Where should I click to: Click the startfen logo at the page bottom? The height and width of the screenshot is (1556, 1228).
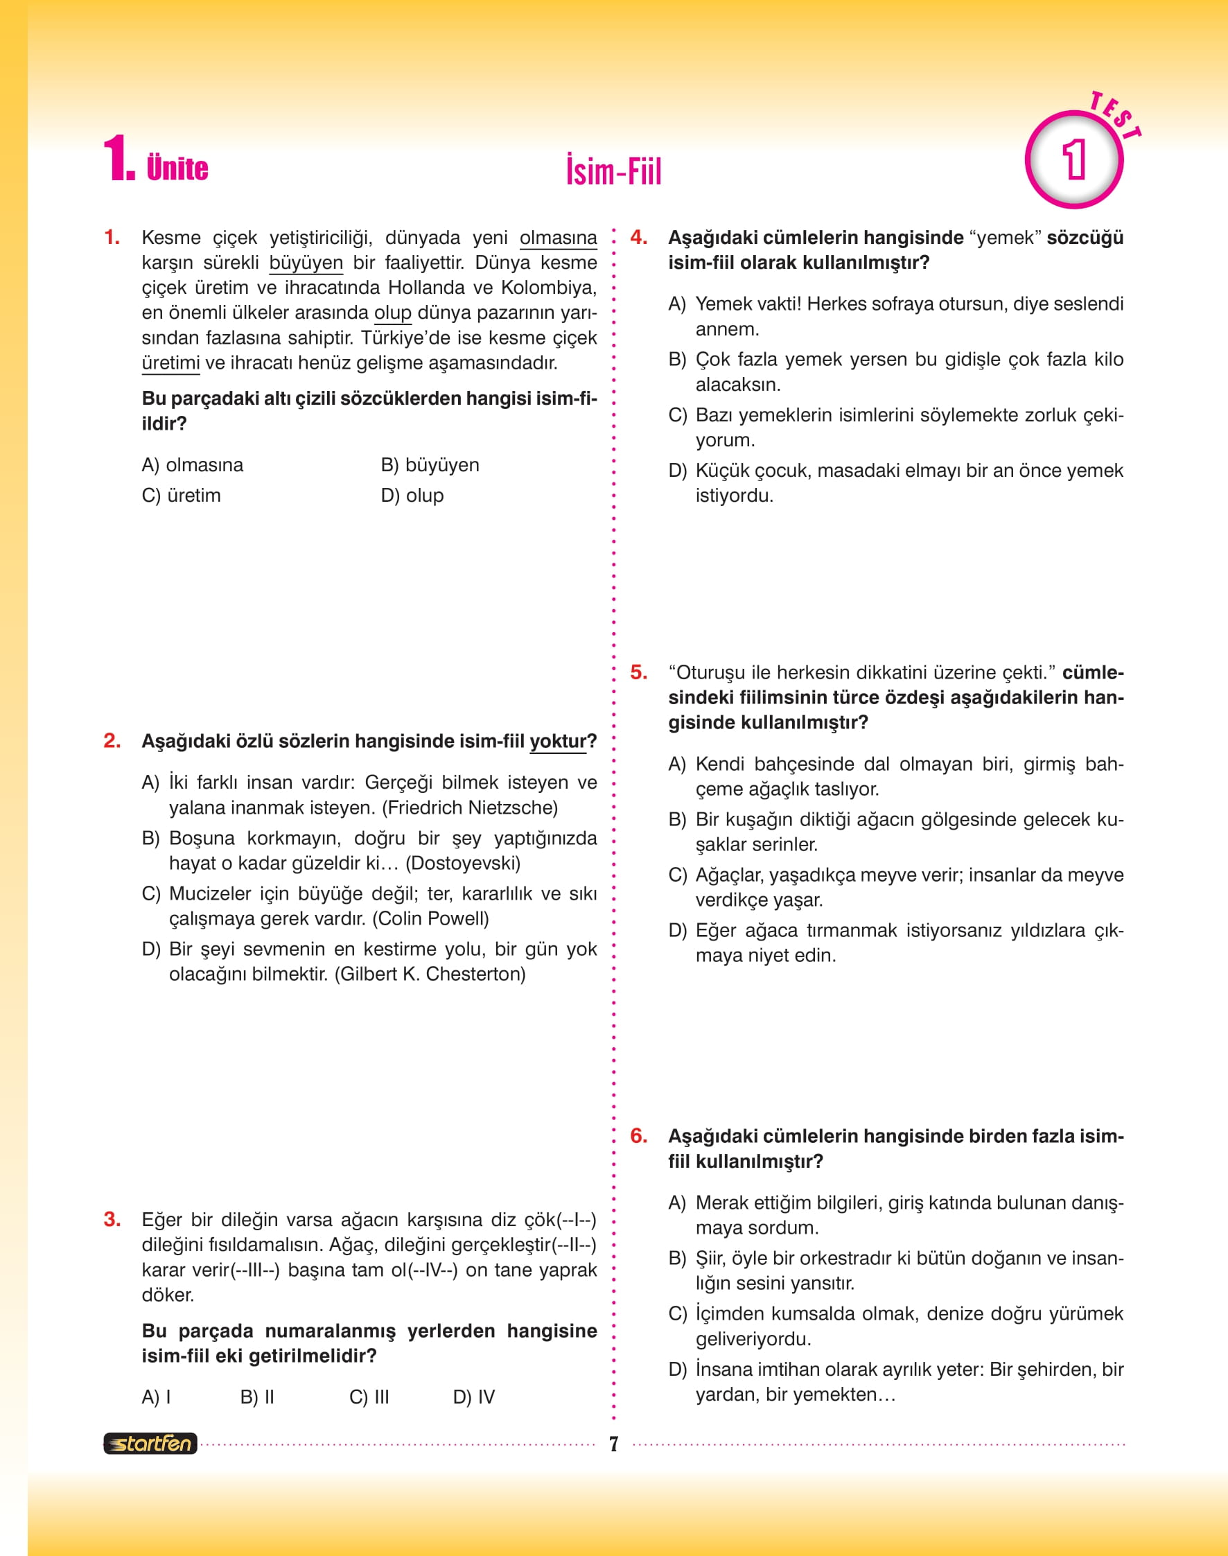[150, 1443]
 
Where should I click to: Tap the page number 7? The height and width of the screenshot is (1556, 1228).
[613, 1444]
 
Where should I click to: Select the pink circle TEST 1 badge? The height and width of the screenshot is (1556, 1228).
[1074, 159]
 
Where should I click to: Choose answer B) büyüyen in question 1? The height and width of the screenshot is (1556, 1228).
[430, 465]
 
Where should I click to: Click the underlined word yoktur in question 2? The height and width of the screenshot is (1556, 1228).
[558, 742]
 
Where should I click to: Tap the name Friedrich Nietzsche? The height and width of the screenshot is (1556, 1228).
[469, 807]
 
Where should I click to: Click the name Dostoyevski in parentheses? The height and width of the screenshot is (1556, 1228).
[463, 863]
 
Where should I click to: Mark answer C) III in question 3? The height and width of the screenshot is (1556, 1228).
[369, 1397]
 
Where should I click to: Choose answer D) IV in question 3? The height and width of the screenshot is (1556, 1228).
[474, 1397]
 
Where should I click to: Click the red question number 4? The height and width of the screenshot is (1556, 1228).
[638, 237]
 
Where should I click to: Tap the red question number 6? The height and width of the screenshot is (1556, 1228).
[638, 1135]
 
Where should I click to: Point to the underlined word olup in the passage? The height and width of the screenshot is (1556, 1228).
[392, 313]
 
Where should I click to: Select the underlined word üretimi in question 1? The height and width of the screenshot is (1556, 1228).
[170, 362]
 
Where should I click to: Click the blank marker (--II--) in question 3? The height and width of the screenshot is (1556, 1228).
[570, 1245]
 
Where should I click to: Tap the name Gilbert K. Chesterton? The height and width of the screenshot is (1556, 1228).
[430, 974]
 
